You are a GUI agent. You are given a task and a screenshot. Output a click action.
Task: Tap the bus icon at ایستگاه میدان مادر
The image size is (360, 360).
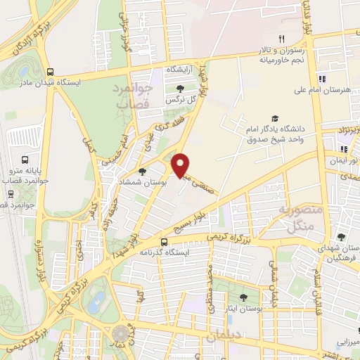pos(49,71)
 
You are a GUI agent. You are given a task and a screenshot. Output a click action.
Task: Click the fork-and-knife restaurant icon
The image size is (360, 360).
pos(281,39)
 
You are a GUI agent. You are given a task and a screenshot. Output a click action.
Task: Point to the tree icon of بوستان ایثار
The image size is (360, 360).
pos(243,297)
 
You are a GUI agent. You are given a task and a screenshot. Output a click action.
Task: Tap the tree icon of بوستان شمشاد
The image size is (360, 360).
pos(143,171)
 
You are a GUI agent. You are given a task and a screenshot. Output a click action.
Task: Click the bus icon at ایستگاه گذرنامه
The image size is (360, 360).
pos(164,241)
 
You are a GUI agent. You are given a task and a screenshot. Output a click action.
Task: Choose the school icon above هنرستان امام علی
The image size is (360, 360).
pos(321,79)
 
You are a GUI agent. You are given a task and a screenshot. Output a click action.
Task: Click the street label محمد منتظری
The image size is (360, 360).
pos(209,281)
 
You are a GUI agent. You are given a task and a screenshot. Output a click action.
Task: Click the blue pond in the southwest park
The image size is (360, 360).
pos(94,304)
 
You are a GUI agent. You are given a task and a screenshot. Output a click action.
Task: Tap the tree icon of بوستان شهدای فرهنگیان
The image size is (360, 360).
pos(342,238)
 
